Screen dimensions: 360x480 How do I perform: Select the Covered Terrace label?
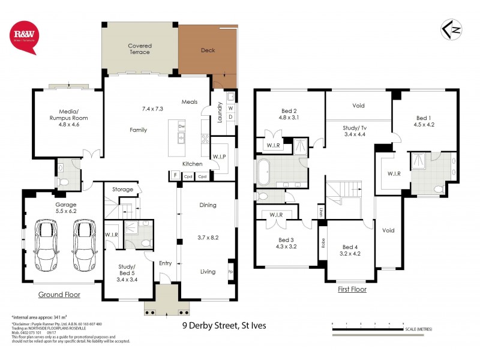tap(139, 49)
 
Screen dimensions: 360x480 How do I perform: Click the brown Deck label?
tap(208, 50)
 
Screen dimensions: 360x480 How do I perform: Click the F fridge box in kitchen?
tap(175, 176)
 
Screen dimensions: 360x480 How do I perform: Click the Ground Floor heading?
tap(59, 295)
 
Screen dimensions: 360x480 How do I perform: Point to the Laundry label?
tap(220, 113)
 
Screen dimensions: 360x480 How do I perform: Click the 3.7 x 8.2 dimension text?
tap(208, 237)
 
